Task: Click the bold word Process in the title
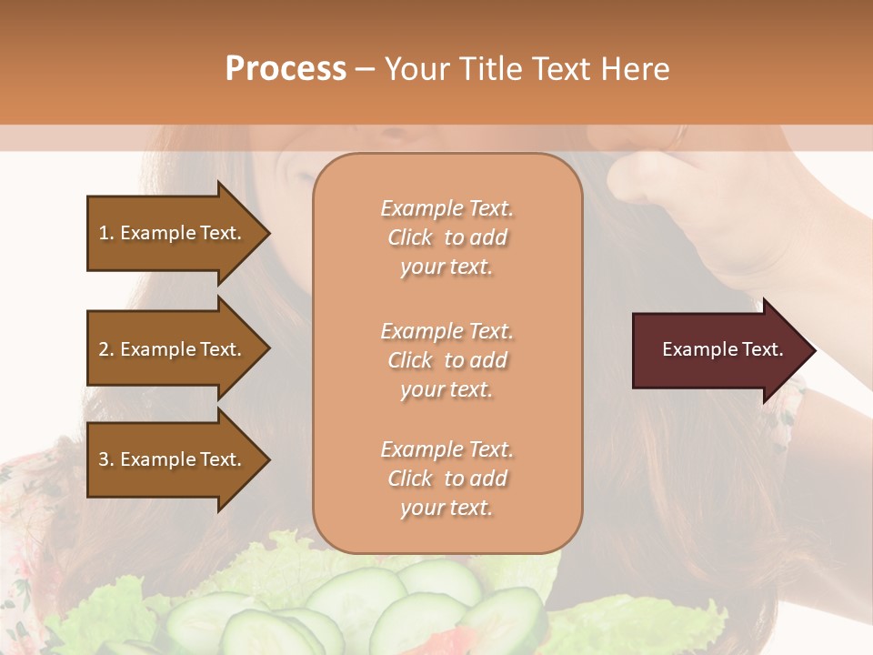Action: pyautogui.click(x=286, y=69)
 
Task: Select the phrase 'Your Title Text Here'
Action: pyautogui.click(x=527, y=69)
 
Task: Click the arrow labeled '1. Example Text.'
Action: pyautogui.click(x=170, y=233)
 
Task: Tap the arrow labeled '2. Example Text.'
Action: pyautogui.click(x=170, y=349)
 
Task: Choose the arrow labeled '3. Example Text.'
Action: pyautogui.click(x=170, y=459)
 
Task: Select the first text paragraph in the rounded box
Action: pyautogui.click(x=447, y=237)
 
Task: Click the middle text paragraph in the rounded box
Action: pyautogui.click(x=447, y=360)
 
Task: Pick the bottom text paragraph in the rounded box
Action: pyautogui.click(x=447, y=479)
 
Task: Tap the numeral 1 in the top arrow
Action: pyautogui.click(x=104, y=233)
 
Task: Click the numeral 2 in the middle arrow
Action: pyautogui.click(x=104, y=349)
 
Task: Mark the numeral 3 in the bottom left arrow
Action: pyautogui.click(x=104, y=459)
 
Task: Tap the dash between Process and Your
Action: pyautogui.click(x=365, y=69)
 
